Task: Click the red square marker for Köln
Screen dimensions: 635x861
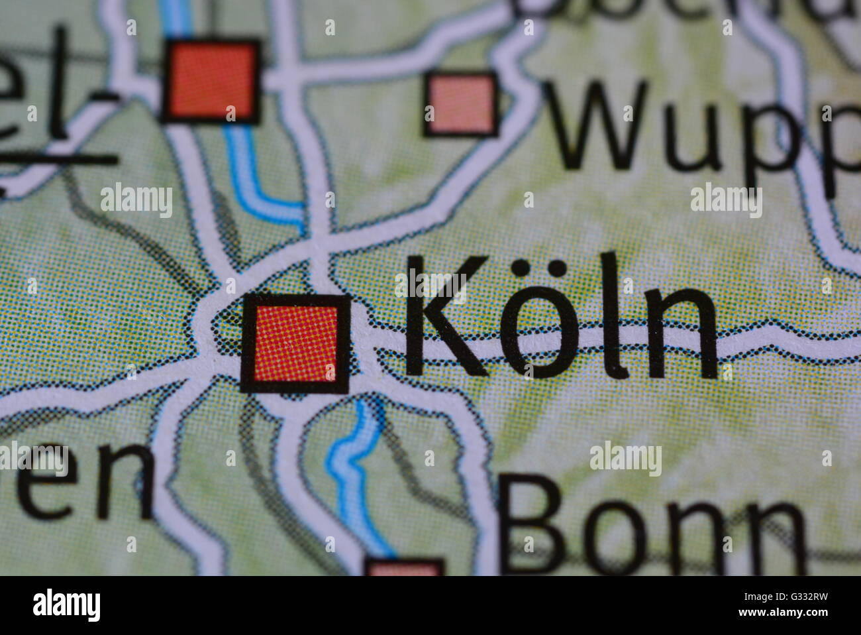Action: (x=295, y=343)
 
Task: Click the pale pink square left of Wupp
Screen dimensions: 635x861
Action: (x=461, y=105)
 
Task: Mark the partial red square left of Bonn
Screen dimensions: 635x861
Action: (x=404, y=568)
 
